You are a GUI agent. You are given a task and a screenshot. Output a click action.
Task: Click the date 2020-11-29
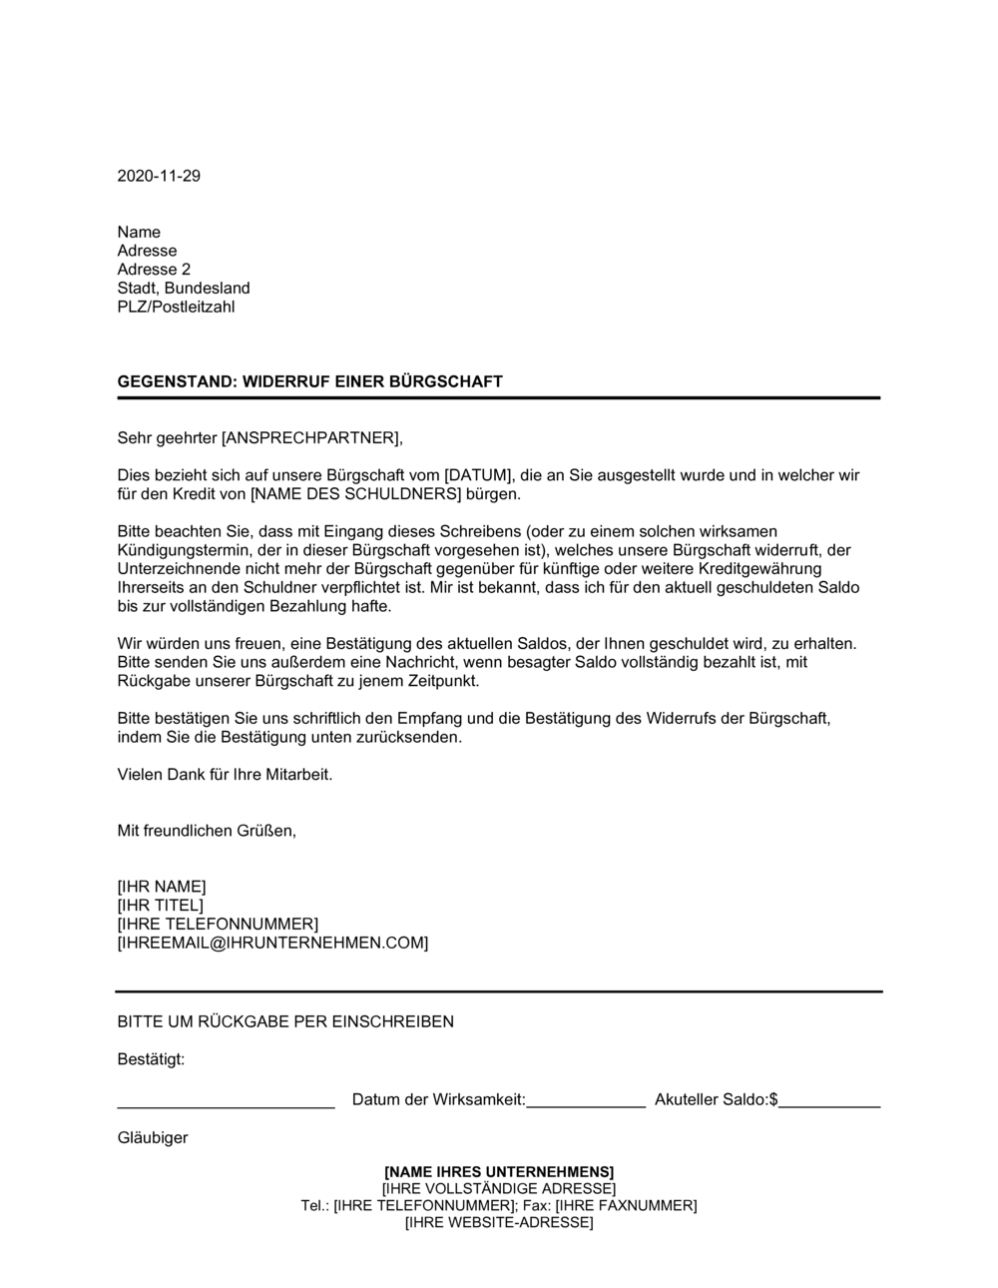click(x=159, y=176)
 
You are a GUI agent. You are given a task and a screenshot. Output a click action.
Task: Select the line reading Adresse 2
click(x=154, y=270)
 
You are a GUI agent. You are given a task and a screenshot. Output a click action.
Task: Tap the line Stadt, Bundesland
click(x=184, y=289)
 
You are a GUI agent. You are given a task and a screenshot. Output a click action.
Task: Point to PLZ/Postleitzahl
click(x=176, y=307)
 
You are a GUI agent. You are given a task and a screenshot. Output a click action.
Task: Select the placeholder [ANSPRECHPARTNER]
click(x=310, y=437)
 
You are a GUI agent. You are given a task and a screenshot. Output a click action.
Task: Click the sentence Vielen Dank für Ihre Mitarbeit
click(x=225, y=774)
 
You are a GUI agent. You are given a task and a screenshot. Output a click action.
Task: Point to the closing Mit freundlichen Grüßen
click(x=207, y=831)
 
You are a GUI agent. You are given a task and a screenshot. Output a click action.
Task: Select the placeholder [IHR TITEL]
click(x=160, y=906)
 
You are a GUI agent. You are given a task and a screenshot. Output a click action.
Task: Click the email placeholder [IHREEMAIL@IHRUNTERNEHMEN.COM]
click(x=272, y=943)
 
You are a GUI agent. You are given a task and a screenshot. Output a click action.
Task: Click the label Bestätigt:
click(x=151, y=1059)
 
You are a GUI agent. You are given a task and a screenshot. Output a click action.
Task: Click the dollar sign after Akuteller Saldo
click(x=773, y=1099)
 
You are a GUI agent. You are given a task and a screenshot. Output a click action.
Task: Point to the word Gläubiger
click(x=153, y=1137)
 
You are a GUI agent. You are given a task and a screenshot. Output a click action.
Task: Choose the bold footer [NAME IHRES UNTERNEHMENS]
click(x=499, y=1171)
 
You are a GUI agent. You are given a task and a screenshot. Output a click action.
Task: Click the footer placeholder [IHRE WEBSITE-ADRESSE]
click(x=499, y=1223)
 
